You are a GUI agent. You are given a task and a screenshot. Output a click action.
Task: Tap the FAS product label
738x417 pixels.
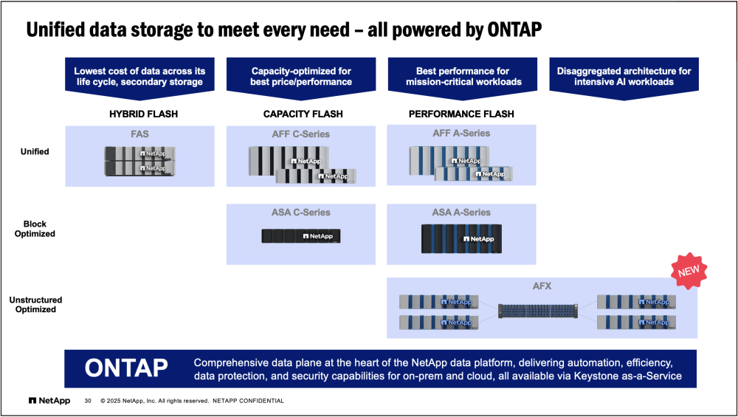point(139,135)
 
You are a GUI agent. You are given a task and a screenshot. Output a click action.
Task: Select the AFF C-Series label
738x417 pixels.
point(300,134)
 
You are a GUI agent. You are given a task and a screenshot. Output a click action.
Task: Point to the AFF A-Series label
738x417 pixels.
point(461,134)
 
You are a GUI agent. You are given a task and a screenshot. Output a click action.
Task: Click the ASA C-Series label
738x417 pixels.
point(300,213)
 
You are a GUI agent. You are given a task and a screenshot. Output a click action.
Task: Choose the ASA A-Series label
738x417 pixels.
point(461,213)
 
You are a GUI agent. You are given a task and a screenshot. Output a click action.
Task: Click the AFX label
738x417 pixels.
point(542,286)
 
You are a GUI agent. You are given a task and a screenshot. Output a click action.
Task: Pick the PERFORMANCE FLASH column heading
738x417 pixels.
point(461,114)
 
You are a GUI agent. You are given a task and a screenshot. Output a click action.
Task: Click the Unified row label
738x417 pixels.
point(35,151)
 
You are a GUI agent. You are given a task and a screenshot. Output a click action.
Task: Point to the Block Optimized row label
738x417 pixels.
point(35,229)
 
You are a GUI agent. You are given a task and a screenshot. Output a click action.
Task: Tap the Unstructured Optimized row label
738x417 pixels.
point(35,305)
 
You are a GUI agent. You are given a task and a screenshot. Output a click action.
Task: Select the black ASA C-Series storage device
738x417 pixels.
point(300,236)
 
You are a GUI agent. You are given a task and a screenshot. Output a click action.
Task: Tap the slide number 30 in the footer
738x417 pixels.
point(88,401)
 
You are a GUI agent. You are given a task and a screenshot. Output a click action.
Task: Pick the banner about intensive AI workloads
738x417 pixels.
point(624,77)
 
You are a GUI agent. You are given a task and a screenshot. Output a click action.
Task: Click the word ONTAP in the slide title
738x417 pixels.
point(505,30)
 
